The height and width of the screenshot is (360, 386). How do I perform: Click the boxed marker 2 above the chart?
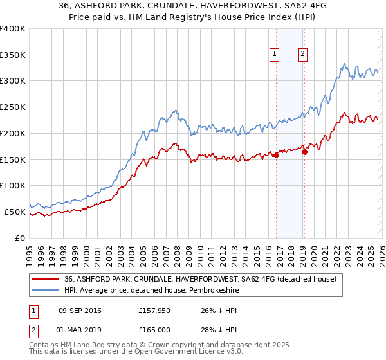click(x=302, y=55)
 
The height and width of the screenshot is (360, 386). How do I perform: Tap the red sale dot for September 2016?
click(x=276, y=155)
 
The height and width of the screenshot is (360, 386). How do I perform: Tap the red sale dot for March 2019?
click(x=304, y=152)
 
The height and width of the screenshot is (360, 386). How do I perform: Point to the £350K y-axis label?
click(x=13, y=55)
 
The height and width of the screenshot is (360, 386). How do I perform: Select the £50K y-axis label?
click(x=15, y=212)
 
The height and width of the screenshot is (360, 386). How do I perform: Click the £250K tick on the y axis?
click(x=13, y=107)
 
